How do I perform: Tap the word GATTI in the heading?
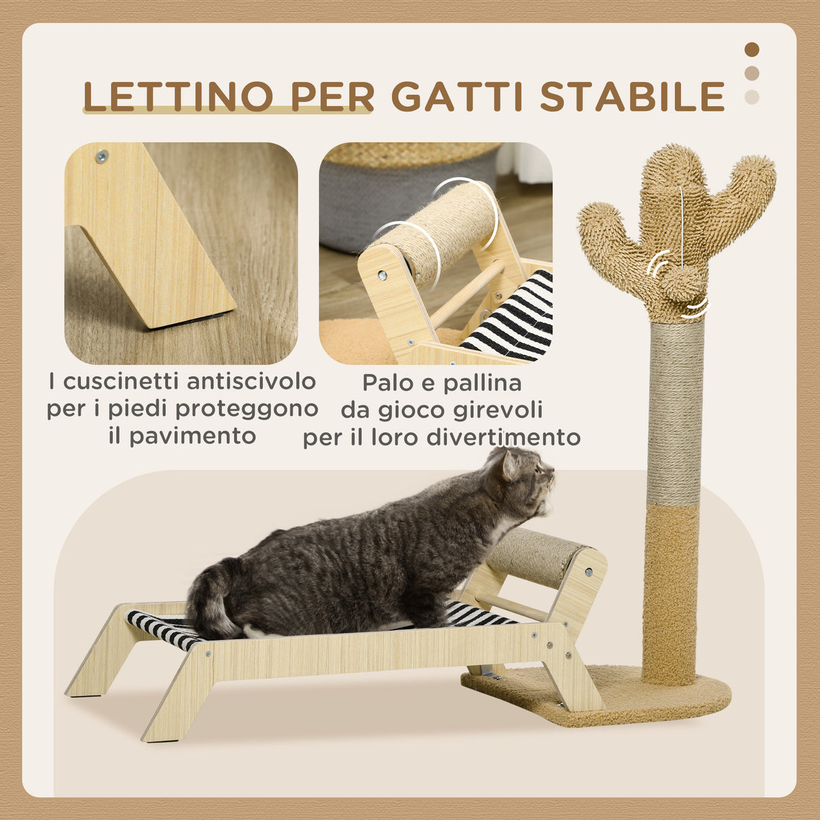pos(458,97)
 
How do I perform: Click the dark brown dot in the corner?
pos(752,49)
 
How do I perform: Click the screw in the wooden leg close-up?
pos(102,157)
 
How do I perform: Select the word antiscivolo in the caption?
pos(251,382)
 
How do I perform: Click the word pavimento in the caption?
pos(193,436)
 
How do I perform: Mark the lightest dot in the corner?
pos(752,97)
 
